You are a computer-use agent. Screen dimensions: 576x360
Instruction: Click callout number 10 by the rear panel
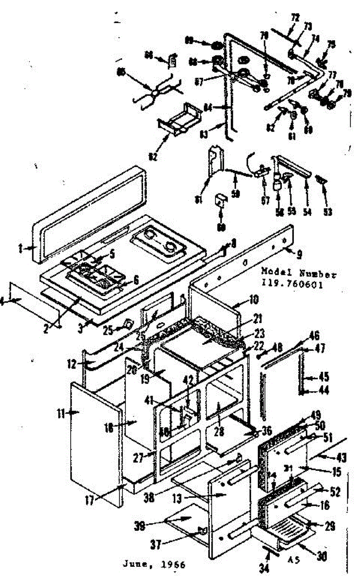[253, 301]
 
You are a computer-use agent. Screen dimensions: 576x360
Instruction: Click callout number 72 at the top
[295, 18]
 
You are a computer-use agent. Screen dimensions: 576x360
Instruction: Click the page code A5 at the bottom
[294, 559]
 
